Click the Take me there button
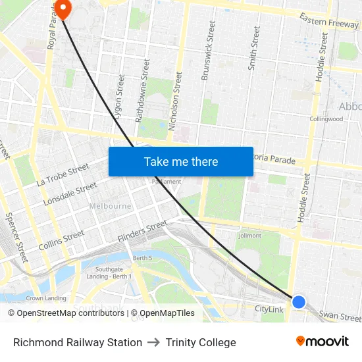pos(181,161)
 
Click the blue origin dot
pos(299,302)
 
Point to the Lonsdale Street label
pos(70,194)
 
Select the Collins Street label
pos(61,240)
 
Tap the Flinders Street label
pos(142,231)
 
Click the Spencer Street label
pos(16,237)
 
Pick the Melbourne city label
pos(110,206)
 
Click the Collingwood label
pos(326,119)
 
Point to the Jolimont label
pos(250,235)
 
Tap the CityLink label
pos(269,309)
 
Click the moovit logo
pos(322,341)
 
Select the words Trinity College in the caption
pos(201,342)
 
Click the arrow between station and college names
pos(154,342)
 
